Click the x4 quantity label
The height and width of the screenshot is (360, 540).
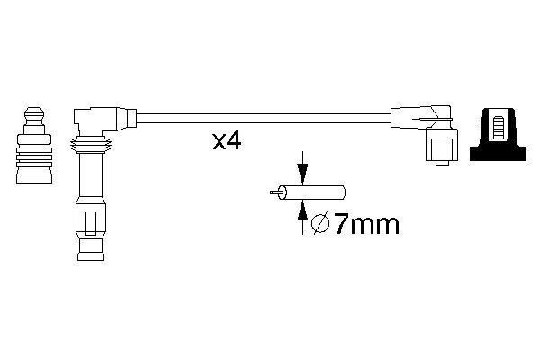click(225, 142)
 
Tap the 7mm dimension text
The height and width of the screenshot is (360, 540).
click(358, 225)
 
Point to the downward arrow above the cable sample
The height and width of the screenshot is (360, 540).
click(302, 169)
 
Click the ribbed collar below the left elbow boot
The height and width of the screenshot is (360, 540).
click(90, 145)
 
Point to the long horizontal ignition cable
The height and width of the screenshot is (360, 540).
click(261, 117)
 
